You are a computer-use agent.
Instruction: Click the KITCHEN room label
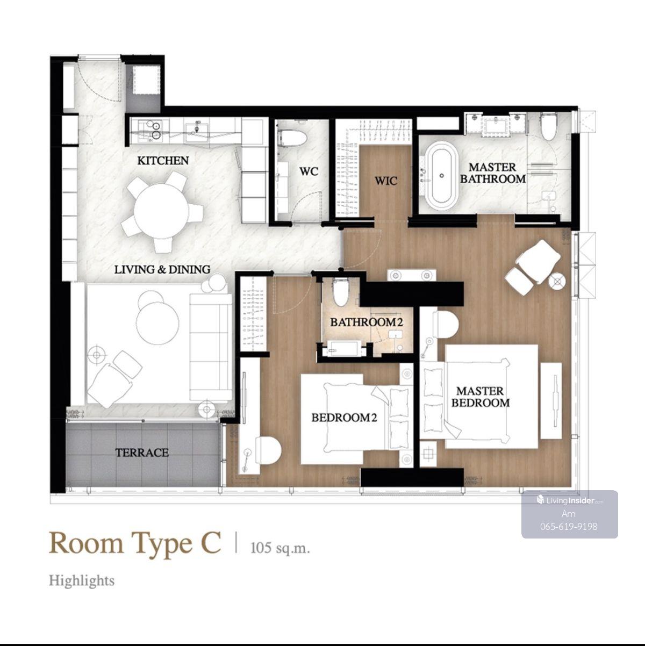click(163, 161)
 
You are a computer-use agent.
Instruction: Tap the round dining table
click(161, 211)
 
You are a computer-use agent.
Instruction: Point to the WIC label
click(386, 181)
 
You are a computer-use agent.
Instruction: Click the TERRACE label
click(142, 453)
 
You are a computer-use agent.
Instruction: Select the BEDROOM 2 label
click(344, 418)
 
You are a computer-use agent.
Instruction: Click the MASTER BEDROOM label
click(480, 397)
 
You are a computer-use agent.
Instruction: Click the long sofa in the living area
click(211, 347)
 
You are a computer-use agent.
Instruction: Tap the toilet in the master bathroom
click(549, 127)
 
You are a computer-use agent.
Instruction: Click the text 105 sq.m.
click(280, 548)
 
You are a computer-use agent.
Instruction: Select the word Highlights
click(82, 580)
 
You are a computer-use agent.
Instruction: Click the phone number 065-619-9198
click(569, 526)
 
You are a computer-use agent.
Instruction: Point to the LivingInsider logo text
click(570, 501)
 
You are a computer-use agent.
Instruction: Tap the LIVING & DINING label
click(162, 270)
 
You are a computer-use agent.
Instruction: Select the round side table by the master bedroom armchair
click(557, 282)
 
